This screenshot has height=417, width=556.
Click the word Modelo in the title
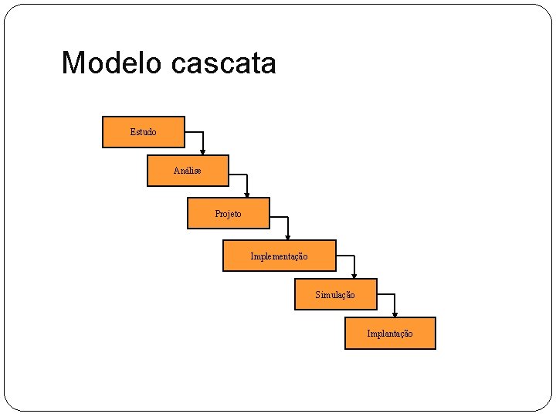(112, 63)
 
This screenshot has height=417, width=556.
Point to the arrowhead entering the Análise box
(203, 151)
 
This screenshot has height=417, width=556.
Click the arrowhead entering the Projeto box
(247, 194)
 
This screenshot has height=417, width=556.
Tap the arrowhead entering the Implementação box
(287, 236)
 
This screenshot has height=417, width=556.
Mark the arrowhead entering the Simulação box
(354, 275)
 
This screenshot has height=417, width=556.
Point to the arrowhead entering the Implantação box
(395, 314)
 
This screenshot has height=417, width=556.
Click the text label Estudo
(143, 132)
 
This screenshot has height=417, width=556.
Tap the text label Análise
(187, 171)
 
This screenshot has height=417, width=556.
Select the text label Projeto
(228, 213)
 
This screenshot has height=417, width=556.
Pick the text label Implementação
(279, 256)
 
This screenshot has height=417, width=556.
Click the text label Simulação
(335, 294)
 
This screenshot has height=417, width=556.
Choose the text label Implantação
(390, 334)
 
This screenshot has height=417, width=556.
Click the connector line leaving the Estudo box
(195, 132)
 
